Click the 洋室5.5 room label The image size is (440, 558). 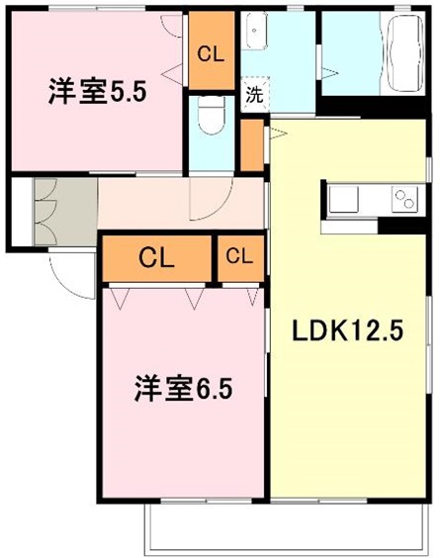click(98, 93)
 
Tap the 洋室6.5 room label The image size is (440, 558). click(184, 390)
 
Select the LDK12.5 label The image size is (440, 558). click(347, 330)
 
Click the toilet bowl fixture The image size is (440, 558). click(212, 115)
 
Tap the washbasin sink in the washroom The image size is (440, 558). click(254, 31)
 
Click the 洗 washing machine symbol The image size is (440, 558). click(255, 95)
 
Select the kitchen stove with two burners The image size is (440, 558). click(404, 199)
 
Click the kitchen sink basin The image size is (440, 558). click(344, 199)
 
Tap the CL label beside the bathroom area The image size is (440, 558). click(211, 54)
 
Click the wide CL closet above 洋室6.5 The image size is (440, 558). click(157, 258)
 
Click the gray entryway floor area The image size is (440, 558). click(66, 212)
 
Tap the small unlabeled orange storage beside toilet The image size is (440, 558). click(252, 145)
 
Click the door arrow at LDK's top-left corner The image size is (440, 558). click(278, 134)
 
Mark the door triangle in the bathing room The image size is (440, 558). click(329, 73)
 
